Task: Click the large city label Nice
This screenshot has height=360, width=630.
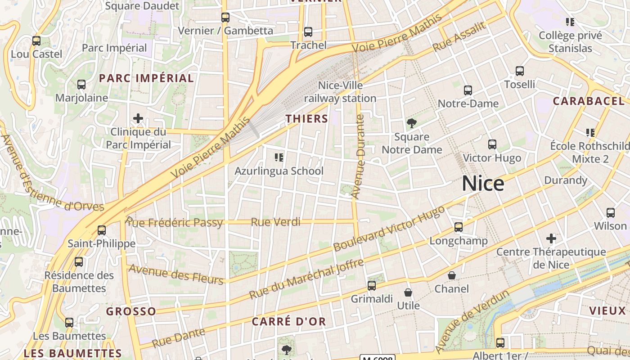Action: coord(483,184)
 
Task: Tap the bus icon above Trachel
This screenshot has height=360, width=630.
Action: coord(308,32)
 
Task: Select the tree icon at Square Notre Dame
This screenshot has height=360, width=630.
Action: coord(411,123)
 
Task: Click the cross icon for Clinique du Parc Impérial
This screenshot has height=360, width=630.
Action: coord(138,119)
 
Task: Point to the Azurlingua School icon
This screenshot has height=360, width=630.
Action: coord(279,157)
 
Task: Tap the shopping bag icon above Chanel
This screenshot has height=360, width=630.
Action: coord(452,275)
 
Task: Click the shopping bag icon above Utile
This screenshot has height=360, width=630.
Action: coord(408,292)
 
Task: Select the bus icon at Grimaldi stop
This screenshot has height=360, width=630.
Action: coord(372,285)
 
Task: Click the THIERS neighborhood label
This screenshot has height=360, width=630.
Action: coord(307,119)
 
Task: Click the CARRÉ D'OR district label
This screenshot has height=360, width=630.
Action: coord(288,322)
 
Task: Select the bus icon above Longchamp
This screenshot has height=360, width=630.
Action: coord(459,227)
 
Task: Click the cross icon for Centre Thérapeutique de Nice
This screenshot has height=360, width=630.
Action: coord(551,238)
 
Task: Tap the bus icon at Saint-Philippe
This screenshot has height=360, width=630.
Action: coord(102,230)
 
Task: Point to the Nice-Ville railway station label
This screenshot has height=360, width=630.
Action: coord(340,92)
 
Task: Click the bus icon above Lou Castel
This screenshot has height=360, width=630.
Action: coord(36,41)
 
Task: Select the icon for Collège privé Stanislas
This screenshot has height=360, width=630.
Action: coord(570,22)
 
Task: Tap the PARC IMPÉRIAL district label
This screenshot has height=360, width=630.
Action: coord(146,78)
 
